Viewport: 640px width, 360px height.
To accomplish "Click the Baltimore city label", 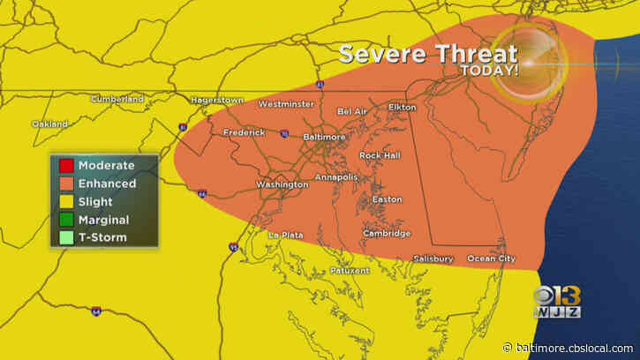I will (323, 138).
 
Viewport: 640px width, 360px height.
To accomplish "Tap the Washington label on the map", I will (282, 184).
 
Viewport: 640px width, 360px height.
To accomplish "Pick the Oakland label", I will (50, 124).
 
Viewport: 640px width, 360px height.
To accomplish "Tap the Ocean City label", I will (490, 259).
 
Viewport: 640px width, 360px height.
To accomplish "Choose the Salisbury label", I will (433, 259).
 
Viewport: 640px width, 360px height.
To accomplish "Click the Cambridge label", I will (386, 234).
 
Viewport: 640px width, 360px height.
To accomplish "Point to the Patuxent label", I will (350, 270).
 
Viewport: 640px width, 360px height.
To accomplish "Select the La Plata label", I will (286, 235).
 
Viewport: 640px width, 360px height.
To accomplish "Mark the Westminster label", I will (285, 104).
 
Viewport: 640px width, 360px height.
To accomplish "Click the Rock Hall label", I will (380, 155).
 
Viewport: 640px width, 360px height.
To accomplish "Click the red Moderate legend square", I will (65, 165).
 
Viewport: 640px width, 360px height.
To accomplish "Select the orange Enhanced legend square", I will (65, 184).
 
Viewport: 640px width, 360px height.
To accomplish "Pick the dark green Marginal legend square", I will (65, 220).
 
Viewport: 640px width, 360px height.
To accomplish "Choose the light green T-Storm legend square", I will (65, 237).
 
